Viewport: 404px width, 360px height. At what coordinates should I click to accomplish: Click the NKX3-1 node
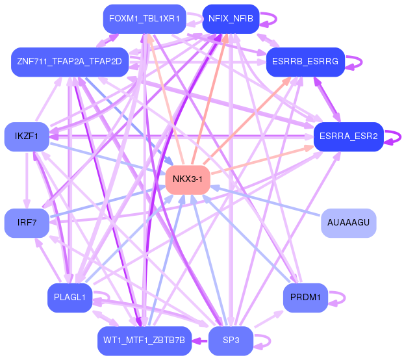(188, 179)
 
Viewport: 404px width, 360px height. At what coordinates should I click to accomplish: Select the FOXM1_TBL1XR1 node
(144, 19)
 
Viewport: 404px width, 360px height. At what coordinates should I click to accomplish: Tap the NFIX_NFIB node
(231, 19)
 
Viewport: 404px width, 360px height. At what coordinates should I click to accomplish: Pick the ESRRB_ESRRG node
(305, 62)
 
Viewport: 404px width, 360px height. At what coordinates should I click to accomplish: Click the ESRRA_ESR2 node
(349, 136)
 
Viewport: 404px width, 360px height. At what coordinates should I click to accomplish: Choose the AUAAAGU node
(349, 223)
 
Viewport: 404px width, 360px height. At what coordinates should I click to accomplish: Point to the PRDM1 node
(305, 298)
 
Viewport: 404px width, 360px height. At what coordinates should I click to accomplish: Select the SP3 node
(231, 341)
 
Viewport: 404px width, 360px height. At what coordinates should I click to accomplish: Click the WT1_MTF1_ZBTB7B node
(144, 341)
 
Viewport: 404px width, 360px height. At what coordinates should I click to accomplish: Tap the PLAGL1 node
(69, 298)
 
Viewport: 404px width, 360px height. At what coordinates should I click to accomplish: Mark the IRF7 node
(26, 223)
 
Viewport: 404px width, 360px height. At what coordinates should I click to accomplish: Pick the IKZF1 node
(26, 136)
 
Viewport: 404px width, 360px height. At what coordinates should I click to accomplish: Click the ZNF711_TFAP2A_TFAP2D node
(69, 62)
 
